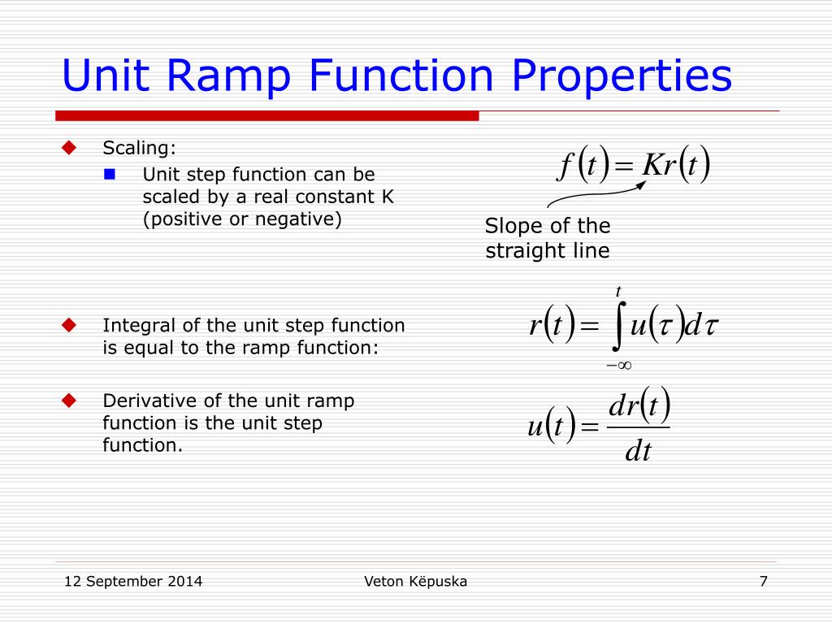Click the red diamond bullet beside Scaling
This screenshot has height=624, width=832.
coord(69,148)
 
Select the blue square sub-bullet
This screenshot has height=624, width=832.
coord(111,174)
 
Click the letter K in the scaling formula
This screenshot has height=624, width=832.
coord(652,166)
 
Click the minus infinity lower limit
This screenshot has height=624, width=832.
coord(618,365)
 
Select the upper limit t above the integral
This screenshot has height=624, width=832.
coord(618,291)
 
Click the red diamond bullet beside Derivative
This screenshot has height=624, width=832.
coord(69,401)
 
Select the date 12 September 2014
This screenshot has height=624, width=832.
coord(133,581)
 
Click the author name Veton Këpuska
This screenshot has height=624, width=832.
coord(416,581)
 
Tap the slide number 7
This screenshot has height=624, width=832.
coord(763,581)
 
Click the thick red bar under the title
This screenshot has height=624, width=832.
coord(267,115)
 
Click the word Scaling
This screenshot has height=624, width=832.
coord(138,148)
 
